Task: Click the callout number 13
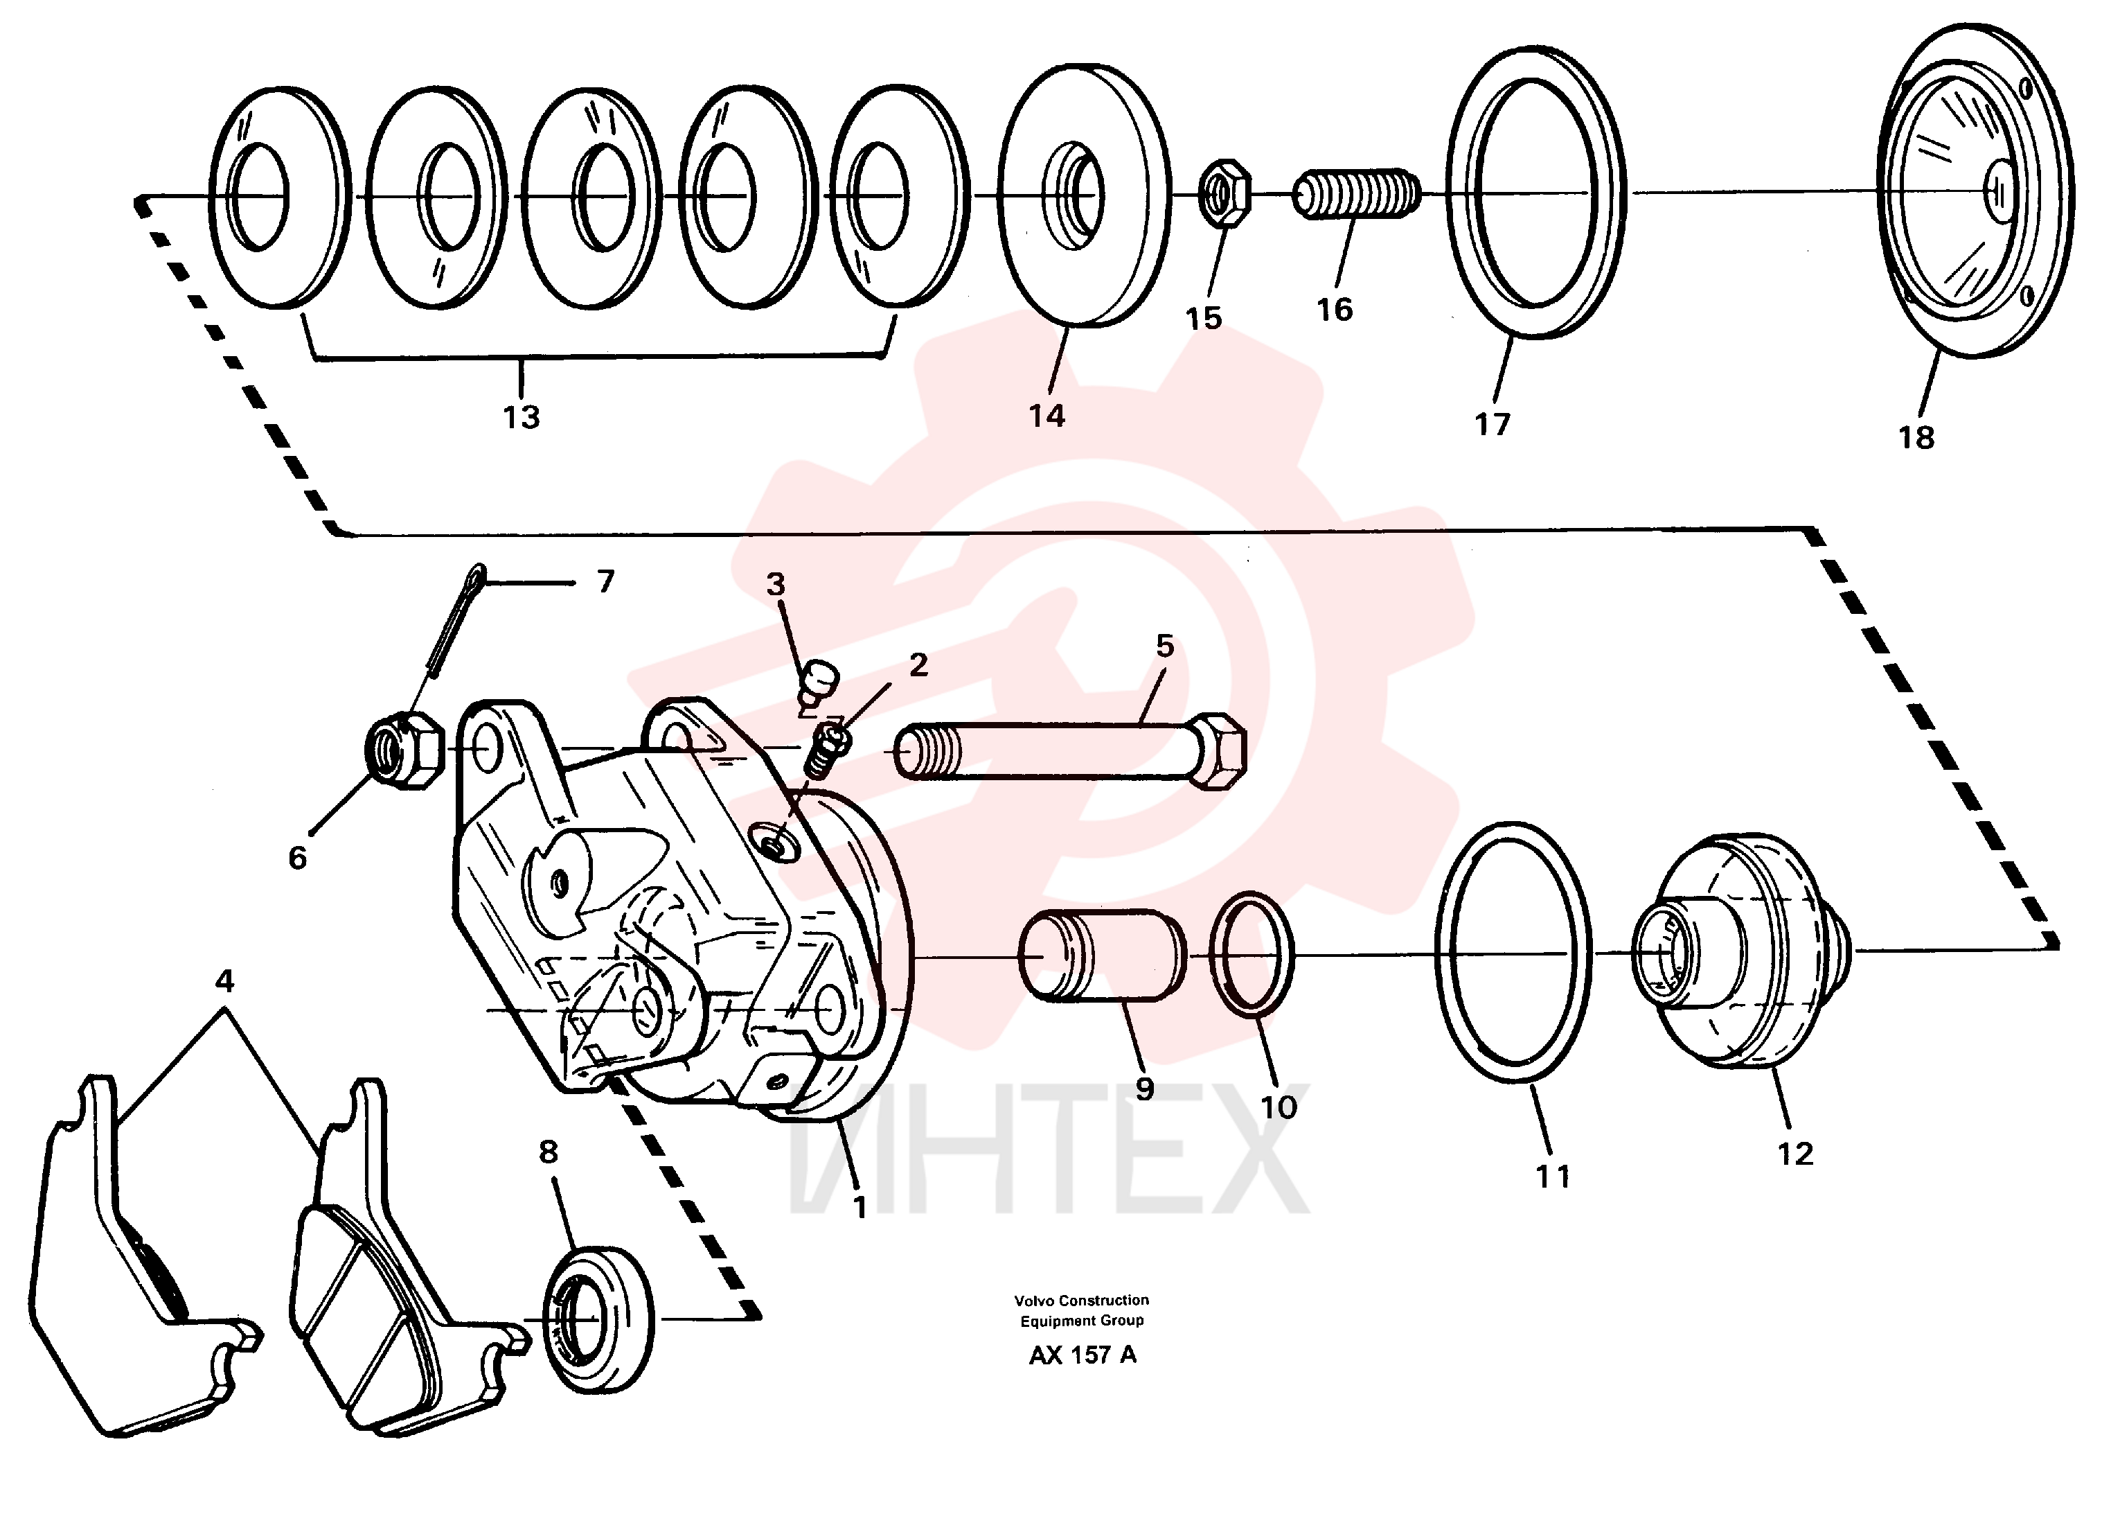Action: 522,417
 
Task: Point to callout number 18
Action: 1916,437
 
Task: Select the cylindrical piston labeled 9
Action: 1102,956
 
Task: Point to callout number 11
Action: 1553,1177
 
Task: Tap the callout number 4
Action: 224,980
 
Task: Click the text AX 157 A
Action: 1082,1355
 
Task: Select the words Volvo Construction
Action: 1082,1301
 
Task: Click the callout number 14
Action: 1046,416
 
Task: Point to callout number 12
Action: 1795,1154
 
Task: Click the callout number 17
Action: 1492,425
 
